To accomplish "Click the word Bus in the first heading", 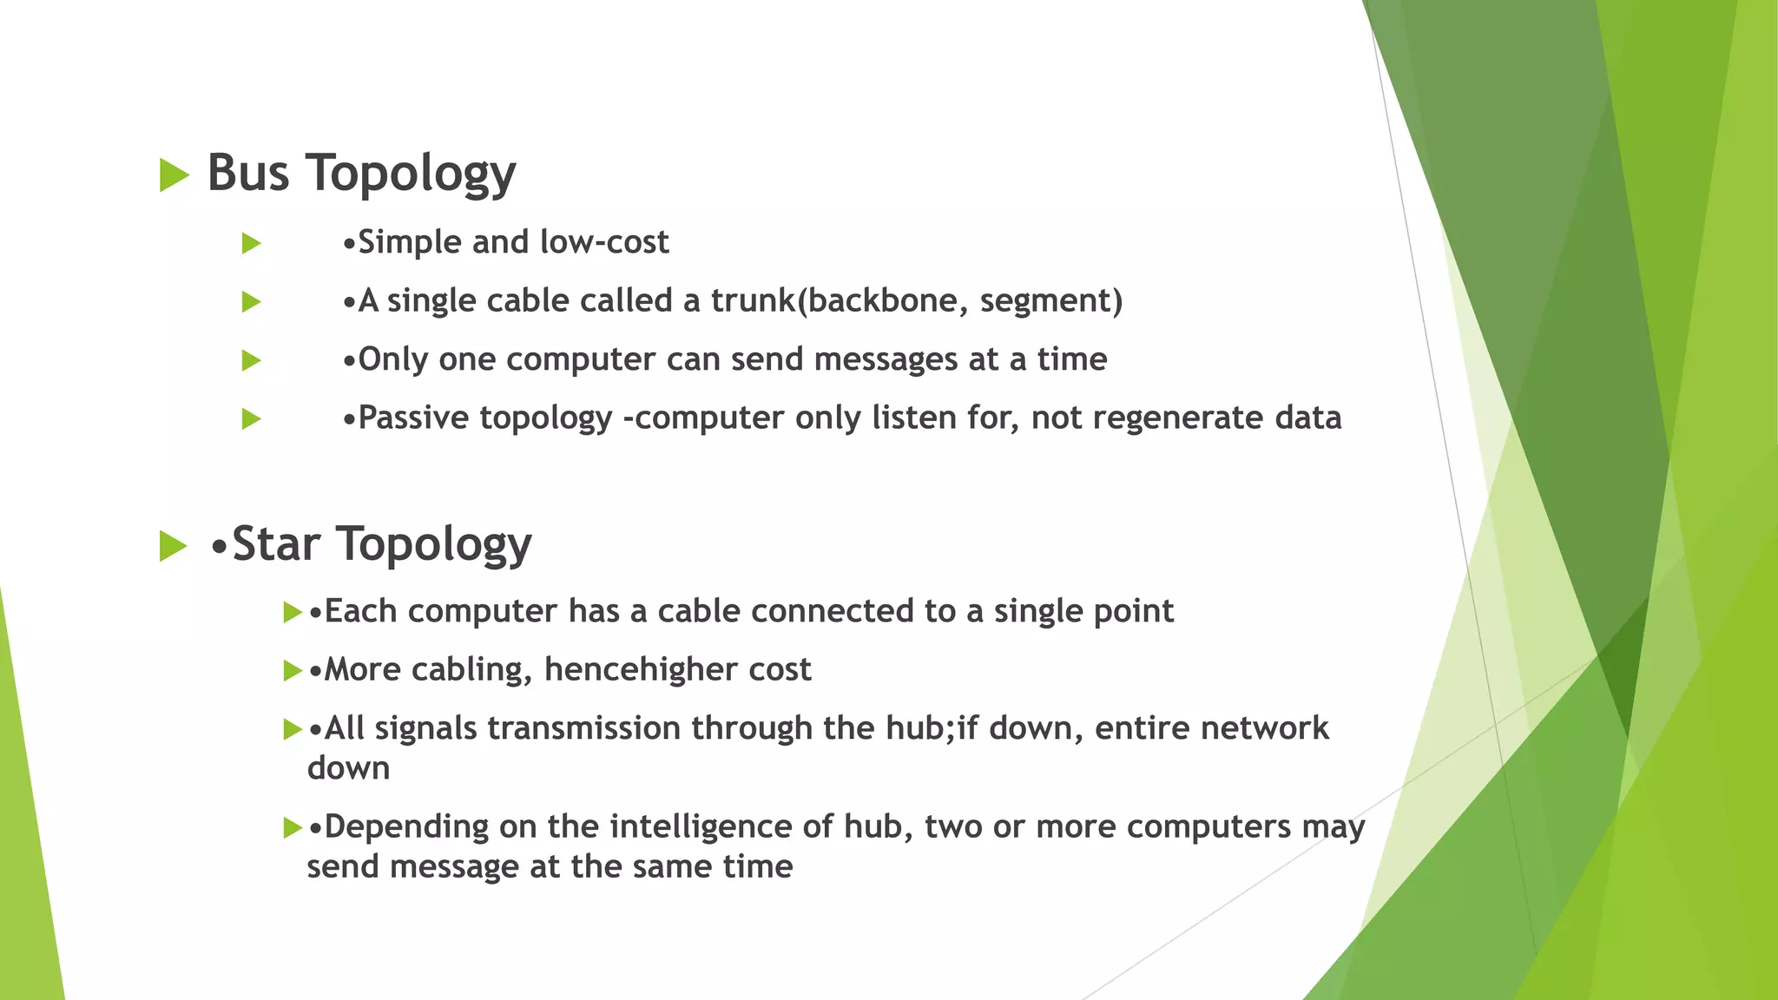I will coord(247,172).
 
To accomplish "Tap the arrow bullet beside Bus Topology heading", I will coord(174,175).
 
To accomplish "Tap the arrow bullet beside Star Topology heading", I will coord(173,547).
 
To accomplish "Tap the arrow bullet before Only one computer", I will coord(252,360).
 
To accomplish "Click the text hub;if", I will coord(932,728).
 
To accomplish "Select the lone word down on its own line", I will coord(348,768).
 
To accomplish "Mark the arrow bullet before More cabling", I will coord(292,671).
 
